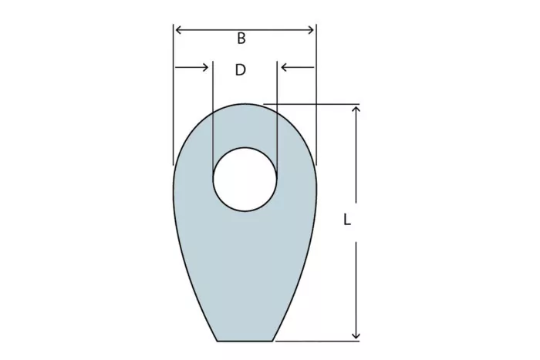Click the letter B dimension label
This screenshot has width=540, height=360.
[x=241, y=39]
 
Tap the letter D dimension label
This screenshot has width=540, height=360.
[x=241, y=70]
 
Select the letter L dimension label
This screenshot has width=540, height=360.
[x=347, y=220]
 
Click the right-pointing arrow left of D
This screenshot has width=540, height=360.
[x=191, y=67]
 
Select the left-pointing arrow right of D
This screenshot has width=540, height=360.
[x=298, y=67]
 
